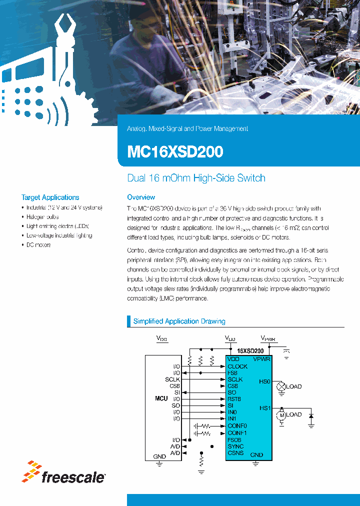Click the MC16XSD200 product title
coord(175,151)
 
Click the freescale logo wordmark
coord(72,477)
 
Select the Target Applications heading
coord(50,197)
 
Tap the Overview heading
coord(141,197)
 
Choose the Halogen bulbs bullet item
coord(42,217)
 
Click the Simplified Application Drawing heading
coord(179,321)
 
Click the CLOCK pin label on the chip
coord(237,366)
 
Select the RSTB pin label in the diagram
coord(234,399)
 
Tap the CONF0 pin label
coord(237,425)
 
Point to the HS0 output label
coord(264,381)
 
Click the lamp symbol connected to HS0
coord(281,386)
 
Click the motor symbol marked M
coord(281,414)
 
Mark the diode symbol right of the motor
coord(311,415)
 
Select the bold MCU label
coord(161,398)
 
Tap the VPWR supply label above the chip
coord(268,338)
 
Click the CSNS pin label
coord(235,453)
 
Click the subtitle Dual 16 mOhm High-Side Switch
coord(196,178)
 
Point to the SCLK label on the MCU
coord(172,379)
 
